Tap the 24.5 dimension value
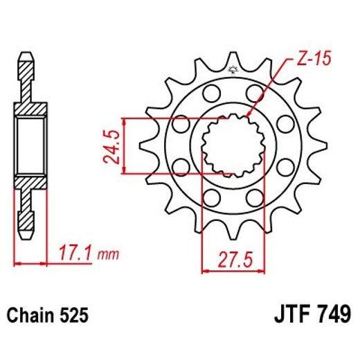click(112, 143)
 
